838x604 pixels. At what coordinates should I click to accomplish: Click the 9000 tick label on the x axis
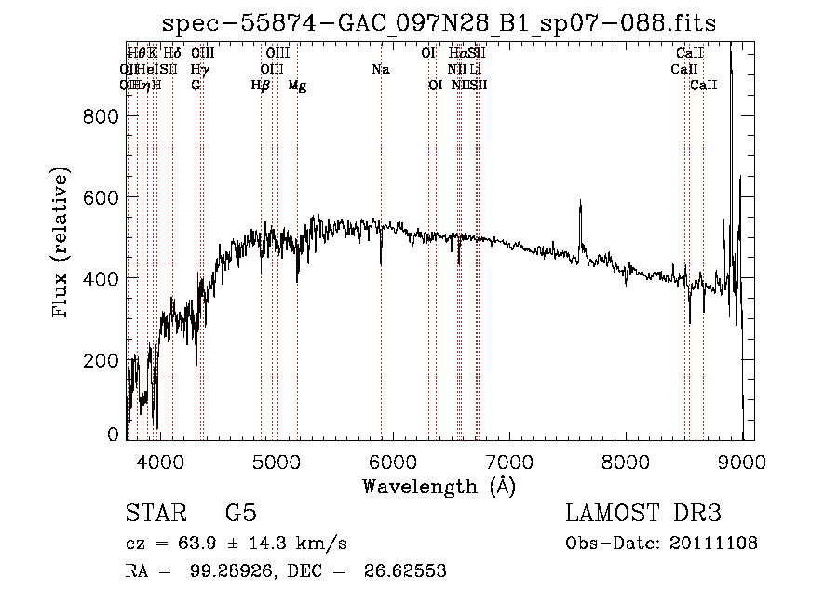tap(742, 461)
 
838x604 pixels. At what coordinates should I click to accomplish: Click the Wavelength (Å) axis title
tap(439, 486)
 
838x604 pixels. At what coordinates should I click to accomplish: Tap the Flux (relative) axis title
tap(62, 243)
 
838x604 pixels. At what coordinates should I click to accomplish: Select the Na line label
tap(380, 69)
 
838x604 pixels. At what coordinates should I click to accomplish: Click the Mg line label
tap(297, 85)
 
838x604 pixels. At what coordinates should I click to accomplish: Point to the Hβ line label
tap(261, 85)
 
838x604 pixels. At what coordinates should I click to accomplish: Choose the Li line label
tap(475, 69)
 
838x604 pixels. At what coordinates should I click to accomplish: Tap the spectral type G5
tap(240, 513)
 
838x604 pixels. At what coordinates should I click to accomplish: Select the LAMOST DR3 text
tap(643, 513)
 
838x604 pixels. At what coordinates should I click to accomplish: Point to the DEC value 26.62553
tap(404, 571)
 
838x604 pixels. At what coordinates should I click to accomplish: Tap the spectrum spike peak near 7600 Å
tap(580, 201)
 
